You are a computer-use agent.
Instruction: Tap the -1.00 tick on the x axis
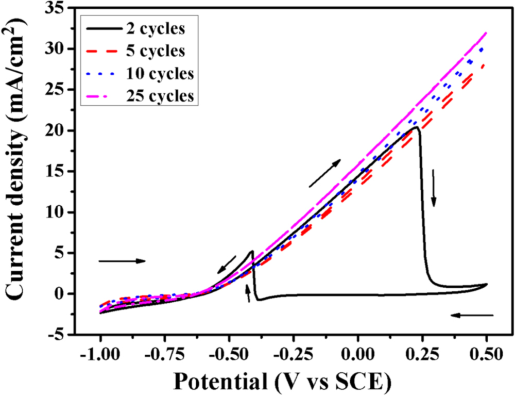pyautogui.click(x=100, y=356)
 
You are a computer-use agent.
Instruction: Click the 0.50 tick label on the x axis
pyautogui.click(x=486, y=356)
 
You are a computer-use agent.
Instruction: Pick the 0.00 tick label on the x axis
pyautogui.click(x=357, y=356)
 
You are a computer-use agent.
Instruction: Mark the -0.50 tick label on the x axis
pyautogui.click(x=229, y=356)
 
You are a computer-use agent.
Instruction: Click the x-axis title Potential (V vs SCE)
pyautogui.click(x=281, y=382)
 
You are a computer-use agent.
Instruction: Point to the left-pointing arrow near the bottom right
pyautogui.click(x=472, y=315)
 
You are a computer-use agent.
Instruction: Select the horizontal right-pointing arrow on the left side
pyautogui.click(x=122, y=261)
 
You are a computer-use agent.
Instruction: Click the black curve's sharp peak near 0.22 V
pyautogui.click(x=416, y=127)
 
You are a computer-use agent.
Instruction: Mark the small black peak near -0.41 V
pyautogui.click(x=252, y=251)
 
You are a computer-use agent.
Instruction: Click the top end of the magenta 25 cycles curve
pyautogui.click(x=486, y=33)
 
